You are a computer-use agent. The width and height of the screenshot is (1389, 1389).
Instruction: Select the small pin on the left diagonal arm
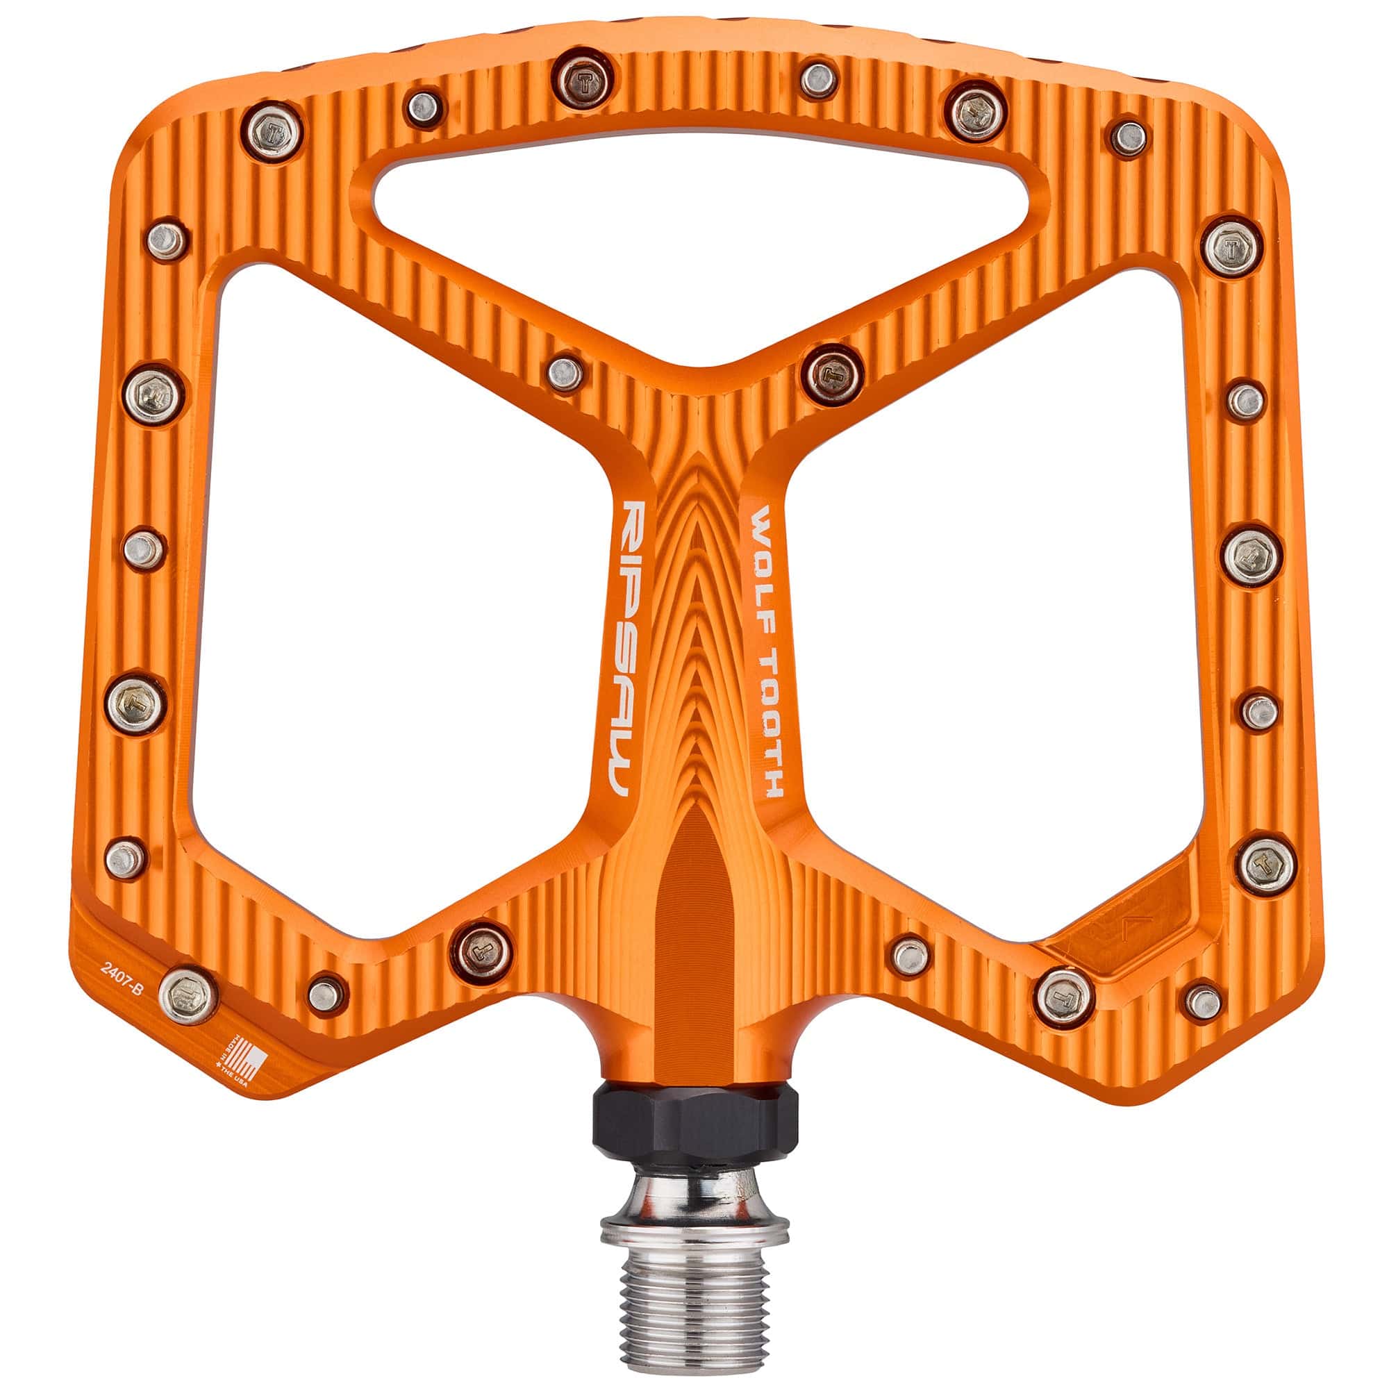pos(565,371)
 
